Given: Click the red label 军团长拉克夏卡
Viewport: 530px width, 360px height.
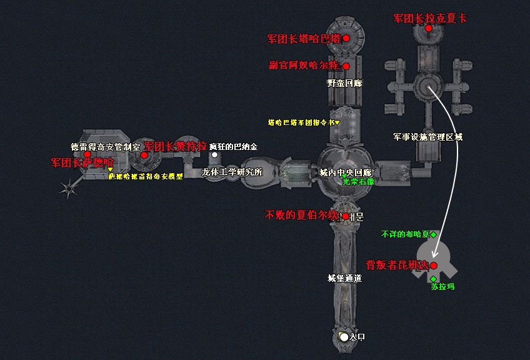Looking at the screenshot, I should (x=430, y=19).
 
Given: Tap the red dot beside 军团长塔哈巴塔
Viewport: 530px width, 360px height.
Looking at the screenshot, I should (x=346, y=38).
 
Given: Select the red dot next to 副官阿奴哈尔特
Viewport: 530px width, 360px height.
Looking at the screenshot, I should (x=346, y=66).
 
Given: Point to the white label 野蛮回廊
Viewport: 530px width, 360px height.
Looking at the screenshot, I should (x=345, y=82).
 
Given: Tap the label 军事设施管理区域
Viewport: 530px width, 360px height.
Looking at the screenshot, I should (x=428, y=136).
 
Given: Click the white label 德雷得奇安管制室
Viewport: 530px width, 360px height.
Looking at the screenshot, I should (x=106, y=147).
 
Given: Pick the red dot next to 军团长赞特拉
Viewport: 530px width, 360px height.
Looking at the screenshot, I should (x=144, y=155).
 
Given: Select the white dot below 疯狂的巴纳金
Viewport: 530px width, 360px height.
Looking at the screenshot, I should (x=214, y=155).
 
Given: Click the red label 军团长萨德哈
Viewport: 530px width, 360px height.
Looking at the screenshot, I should (x=82, y=162).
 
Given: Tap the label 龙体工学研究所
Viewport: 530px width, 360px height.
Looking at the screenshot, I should (x=232, y=172).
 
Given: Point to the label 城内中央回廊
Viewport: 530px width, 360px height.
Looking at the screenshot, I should (x=346, y=172).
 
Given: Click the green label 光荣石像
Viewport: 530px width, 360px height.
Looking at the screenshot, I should (x=358, y=182).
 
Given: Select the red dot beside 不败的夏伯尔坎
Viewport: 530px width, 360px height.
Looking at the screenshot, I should (x=344, y=217).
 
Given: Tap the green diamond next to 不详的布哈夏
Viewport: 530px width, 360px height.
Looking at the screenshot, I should (x=433, y=234).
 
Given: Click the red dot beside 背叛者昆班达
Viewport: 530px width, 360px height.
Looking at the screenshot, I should (x=433, y=266).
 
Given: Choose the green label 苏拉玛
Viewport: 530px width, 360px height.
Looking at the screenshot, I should (x=442, y=287).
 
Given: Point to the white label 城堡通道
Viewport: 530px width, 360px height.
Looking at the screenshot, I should (x=345, y=278).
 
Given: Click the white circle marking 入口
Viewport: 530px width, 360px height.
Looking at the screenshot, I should (x=343, y=337).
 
